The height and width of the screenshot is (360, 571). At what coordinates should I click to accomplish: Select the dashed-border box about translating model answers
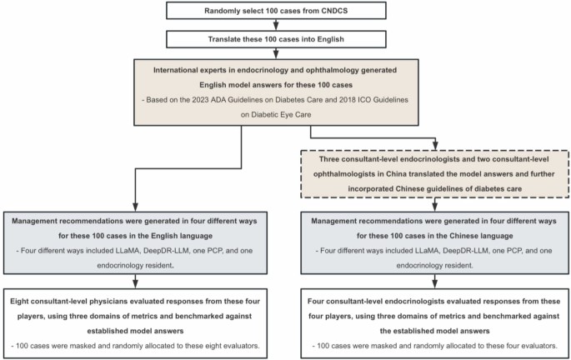pos(433,174)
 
